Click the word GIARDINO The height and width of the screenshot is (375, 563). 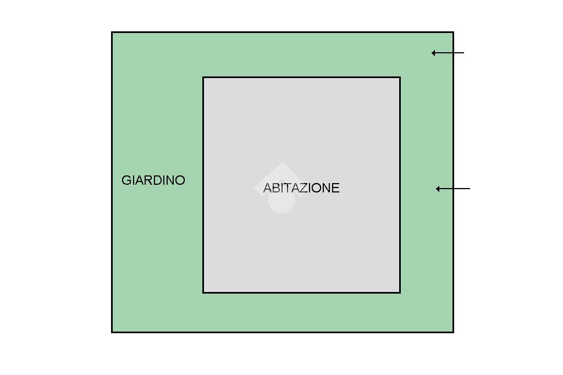pyautogui.click(x=153, y=180)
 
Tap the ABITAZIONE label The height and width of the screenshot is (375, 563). pyautogui.click(x=301, y=188)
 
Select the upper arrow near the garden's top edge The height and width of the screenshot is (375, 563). pyautogui.click(x=448, y=53)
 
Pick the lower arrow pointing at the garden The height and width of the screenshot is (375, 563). pyautogui.click(x=453, y=189)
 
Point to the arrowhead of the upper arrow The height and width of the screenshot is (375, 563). pyautogui.click(x=434, y=53)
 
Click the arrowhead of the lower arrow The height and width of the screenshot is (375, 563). pyautogui.click(x=438, y=189)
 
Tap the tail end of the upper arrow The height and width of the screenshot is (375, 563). pyautogui.click(x=463, y=53)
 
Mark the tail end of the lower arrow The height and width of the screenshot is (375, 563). pyautogui.click(x=470, y=189)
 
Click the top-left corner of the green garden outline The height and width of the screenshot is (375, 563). pyautogui.click(x=112, y=32)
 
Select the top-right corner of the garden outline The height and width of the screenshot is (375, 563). pyautogui.click(x=453, y=32)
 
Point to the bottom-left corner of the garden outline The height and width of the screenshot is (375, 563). pyautogui.click(x=112, y=332)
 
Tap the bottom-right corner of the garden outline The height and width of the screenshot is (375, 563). pyautogui.click(x=453, y=332)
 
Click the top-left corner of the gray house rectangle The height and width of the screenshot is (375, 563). pyautogui.click(x=203, y=78)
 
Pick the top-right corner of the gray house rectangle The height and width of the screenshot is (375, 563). pyautogui.click(x=400, y=78)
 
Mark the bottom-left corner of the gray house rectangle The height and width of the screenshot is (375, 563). pyautogui.click(x=203, y=292)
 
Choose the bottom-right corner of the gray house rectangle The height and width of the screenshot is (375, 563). pyautogui.click(x=400, y=292)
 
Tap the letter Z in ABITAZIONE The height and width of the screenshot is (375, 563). pyautogui.click(x=305, y=188)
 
